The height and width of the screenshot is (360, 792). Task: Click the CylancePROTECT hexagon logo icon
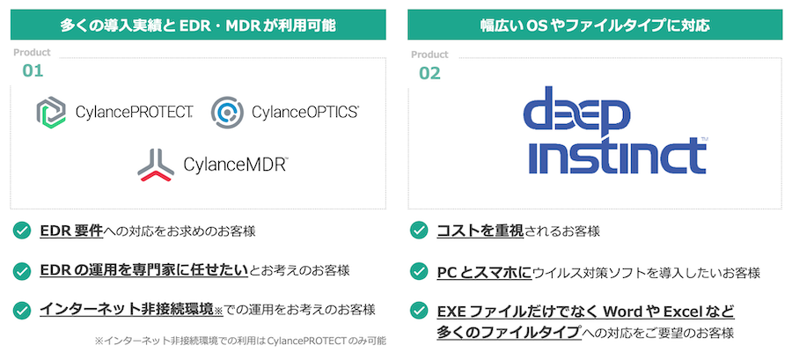[x=51, y=113]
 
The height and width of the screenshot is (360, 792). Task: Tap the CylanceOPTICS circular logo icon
[x=227, y=113]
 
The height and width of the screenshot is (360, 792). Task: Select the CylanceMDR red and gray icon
[x=156, y=165]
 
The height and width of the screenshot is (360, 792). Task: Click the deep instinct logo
[x=614, y=130]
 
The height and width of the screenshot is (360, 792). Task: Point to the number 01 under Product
[x=33, y=70]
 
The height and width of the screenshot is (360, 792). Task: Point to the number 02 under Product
[x=429, y=73]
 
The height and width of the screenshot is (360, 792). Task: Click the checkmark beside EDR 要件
[x=22, y=231]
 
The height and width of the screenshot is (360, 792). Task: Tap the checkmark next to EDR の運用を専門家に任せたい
[x=22, y=270]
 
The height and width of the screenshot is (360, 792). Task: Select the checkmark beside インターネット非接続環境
[x=22, y=310]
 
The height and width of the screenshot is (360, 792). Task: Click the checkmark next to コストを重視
[x=419, y=231]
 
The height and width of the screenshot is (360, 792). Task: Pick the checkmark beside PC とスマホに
[x=419, y=272]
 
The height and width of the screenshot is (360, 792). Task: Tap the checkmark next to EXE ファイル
[x=419, y=311]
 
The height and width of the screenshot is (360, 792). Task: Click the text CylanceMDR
[x=236, y=164]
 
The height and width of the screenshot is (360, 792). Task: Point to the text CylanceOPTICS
[x=305, y=112]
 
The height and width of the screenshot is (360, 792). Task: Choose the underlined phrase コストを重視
[x=480, y=231]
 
